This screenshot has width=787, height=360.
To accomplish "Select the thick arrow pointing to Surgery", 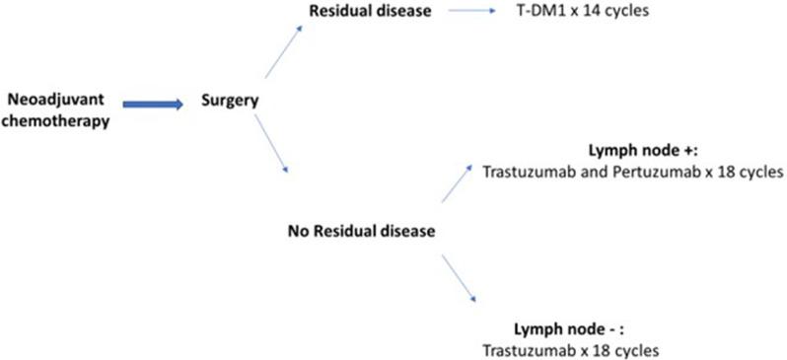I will [153, 104].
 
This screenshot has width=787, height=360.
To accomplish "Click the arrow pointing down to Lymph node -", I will [460, 281].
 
